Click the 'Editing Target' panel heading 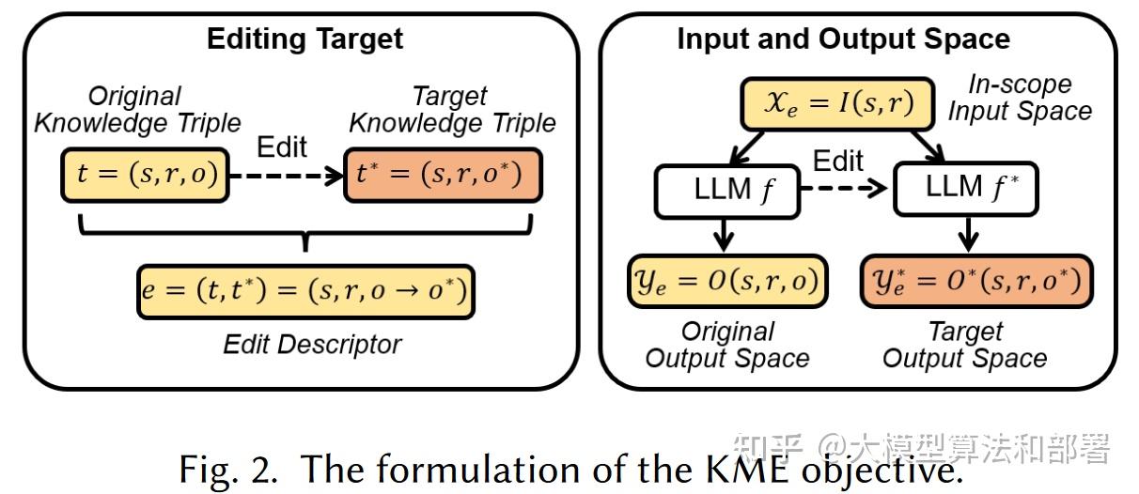pyautogui.click(x=304, y=39)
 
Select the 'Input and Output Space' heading pyautogui.click(x=843, y=39)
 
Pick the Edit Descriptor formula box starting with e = pyautogui.click(x=304, y=293)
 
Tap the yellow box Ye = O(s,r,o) pyautogui.click(x=726, y=280)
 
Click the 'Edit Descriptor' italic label pyautogui.click(x=312, y=345)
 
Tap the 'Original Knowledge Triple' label pyautogui.click(x=137, y=109)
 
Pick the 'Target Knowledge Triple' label pyautogui.click(x=452, y=109)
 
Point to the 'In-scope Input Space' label pyautogui.click(x=1019, y=98)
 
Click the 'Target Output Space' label pyautogui.click(x=965, y=345)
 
